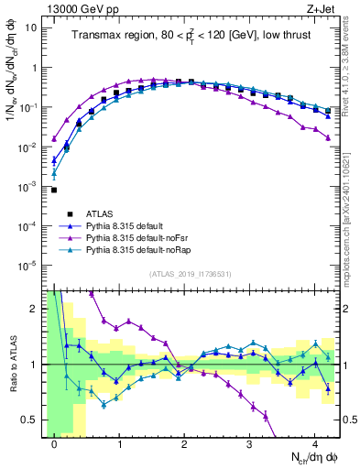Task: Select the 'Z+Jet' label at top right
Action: tap(322, 7)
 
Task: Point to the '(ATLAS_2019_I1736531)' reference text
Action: tap(189, 273)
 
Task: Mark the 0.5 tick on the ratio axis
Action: tap(32, 420)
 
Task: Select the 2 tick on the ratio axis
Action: tap(35, 309)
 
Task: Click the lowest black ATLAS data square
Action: tap(54, 190)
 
